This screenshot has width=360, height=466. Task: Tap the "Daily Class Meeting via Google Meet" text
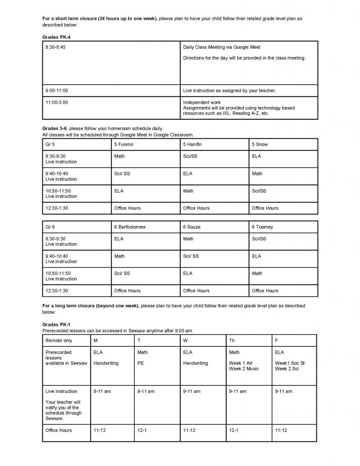click(x=221, y=47)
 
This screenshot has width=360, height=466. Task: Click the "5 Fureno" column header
click(x=124, y=144)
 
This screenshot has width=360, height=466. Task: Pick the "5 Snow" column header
click(x=260, y=144)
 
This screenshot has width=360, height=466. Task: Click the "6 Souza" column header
click(x=193, y=227)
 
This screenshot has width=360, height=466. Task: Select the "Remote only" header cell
click(x=59, y=340)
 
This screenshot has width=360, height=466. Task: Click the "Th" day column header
click(x=232, y=340)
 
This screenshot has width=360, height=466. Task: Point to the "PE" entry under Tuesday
click(x=140, y=363)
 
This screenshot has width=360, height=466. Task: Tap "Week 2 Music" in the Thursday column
click(x=243, y=369)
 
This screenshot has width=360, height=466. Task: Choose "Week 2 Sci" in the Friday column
click(x=287, y=369)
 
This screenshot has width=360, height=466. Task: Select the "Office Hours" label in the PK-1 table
click(x=59, y=430)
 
